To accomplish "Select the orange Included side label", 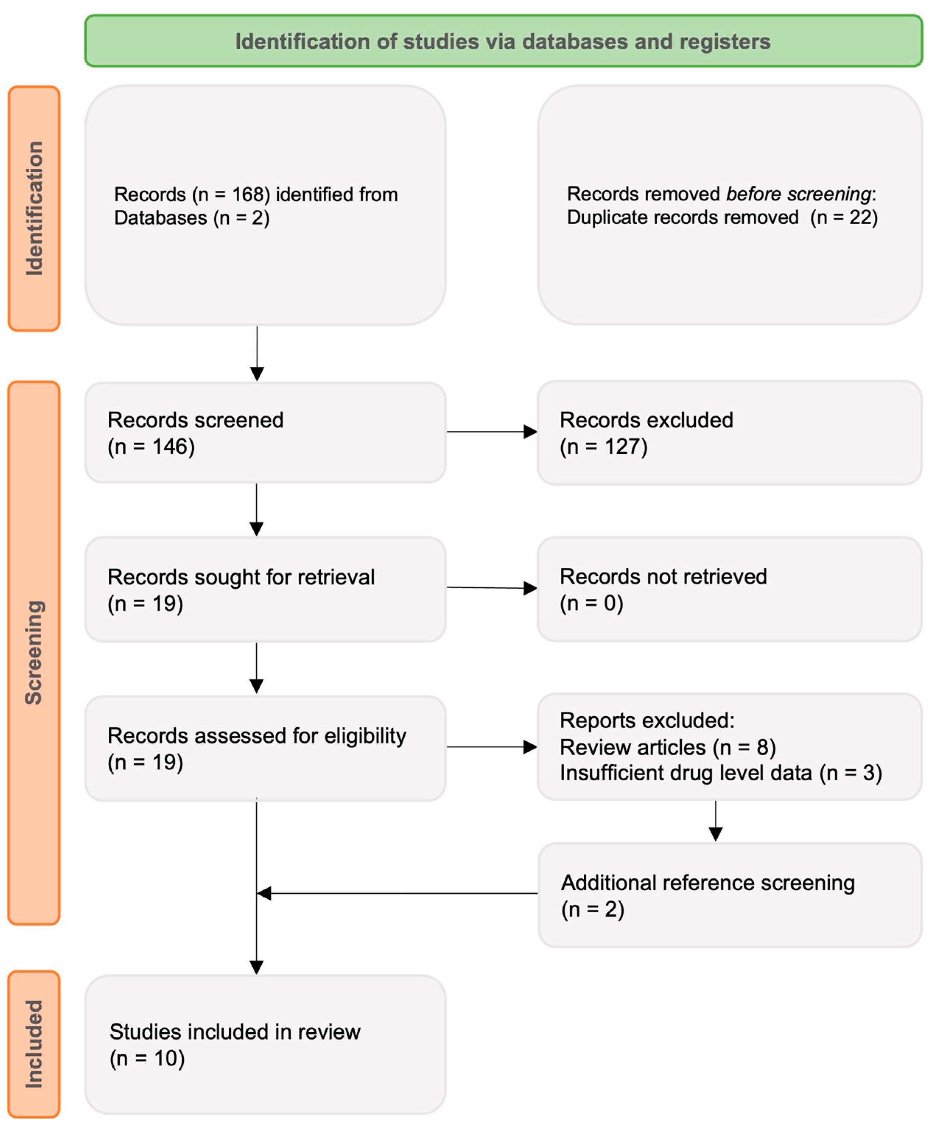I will [34, 1044].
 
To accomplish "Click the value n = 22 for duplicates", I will [844, 217].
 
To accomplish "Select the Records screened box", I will [265, 433].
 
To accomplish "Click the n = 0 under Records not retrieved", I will [591, 603].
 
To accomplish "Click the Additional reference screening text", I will [707, 883].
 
